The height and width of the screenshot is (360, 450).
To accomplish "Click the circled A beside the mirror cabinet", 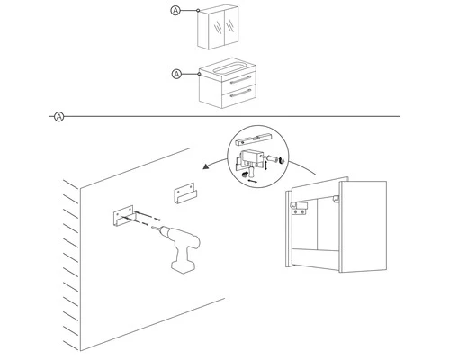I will point(176,11).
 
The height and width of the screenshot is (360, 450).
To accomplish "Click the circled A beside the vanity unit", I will point(176,73).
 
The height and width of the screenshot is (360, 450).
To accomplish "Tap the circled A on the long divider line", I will point(58,116).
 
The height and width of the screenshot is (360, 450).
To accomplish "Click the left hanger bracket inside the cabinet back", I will point(300,206).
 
